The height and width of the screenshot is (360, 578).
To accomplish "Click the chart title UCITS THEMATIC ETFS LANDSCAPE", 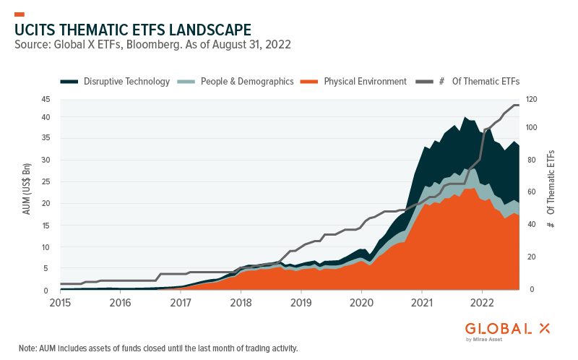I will coord(133,30).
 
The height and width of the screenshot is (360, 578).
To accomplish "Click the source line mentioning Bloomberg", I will coord(152,46).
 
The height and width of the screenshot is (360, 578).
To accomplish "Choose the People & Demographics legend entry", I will coord(238,82).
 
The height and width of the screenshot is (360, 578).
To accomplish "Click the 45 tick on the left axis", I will coord(45,100).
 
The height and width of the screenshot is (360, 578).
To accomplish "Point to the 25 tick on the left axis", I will coord(45,182).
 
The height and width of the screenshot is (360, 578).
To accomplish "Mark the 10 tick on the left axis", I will coord(45,247).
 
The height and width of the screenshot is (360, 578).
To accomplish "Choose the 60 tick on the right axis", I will coord(531,192).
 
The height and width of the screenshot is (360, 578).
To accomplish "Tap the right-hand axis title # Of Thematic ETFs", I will coord(551,190).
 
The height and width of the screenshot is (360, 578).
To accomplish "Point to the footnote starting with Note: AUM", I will coord(158,348).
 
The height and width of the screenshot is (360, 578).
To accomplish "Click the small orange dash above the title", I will coord(20,14).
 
